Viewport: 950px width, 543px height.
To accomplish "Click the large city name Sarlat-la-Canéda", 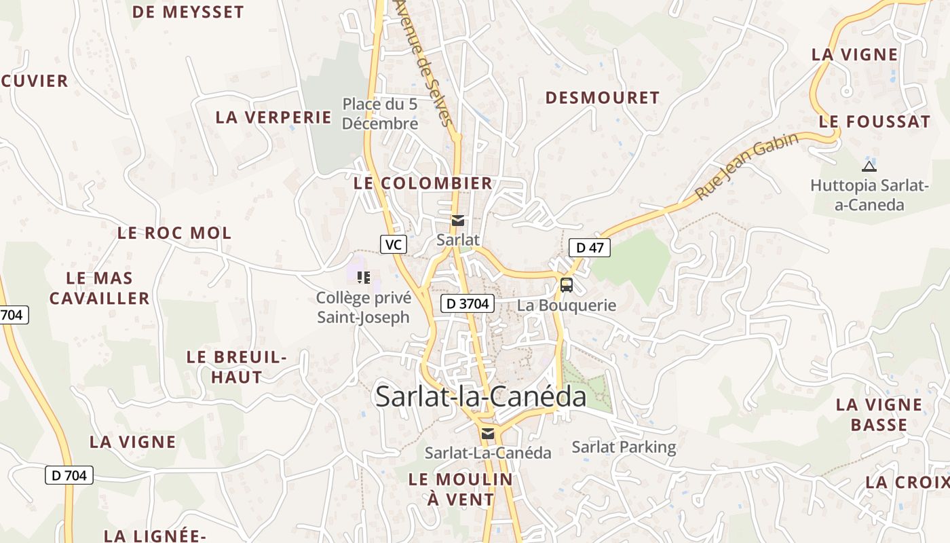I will click(480, 396).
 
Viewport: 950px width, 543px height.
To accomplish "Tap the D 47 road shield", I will click(589, 248).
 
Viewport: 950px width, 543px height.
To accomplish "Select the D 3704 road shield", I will click(468, 303).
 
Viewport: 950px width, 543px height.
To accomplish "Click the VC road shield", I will click(393, 244).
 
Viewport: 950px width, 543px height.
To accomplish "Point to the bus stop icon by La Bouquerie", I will click(566, 285).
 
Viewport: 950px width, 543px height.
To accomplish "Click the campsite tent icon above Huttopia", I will click(869, 166).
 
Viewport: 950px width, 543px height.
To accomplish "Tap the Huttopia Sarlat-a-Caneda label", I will click(869, 195).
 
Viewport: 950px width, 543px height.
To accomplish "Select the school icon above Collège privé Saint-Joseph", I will click(364, 277).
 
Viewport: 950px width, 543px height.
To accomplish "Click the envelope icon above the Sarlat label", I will click(458, 220).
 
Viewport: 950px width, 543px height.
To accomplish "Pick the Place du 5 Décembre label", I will click(380, 114).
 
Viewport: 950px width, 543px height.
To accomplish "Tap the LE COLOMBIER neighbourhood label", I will click(423, 183).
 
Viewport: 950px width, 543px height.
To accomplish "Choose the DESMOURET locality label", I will click(602, 98).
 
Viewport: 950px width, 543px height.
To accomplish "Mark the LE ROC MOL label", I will click(174, 233).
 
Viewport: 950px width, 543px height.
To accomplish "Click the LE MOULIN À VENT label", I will click(461, 489).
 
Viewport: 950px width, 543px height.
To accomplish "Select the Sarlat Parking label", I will click(624, 447).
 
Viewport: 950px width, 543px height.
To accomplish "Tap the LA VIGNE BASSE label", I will click(879, 415).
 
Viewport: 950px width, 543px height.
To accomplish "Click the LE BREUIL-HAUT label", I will click(236, 367).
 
